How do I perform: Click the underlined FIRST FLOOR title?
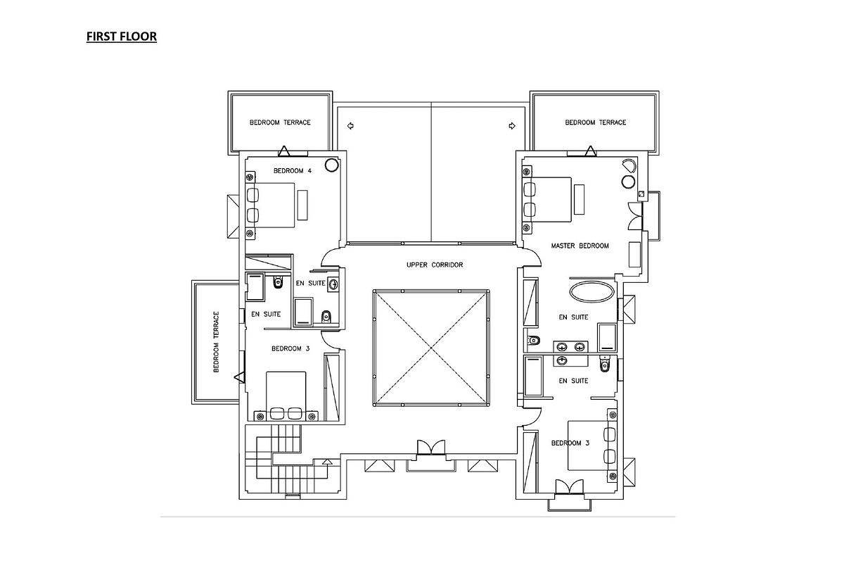coord(122,37)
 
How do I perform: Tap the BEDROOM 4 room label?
coord(293,171)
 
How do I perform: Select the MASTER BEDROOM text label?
coord(580,246)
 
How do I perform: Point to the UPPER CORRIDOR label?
coord(435,265)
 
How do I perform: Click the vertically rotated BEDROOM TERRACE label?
coord(217,342)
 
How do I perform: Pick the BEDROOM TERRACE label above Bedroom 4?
coord(280,122)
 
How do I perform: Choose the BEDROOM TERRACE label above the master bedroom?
coord(595,122)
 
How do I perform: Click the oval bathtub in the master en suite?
coord(591,292)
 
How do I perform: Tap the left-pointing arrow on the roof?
coord(350,126)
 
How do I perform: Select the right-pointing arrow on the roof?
coord(512,126)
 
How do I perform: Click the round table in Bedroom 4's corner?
coord(331,165)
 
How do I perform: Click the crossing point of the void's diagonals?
coord(430,347)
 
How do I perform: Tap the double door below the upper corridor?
coord(430,448)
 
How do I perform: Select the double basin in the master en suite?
coord(570,346)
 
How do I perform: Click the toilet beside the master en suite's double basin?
coord(534,342)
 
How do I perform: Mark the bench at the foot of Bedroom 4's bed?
coord(302,205)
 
